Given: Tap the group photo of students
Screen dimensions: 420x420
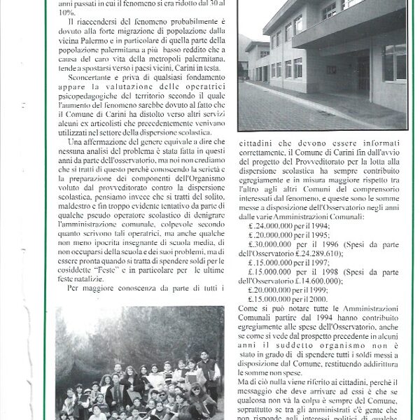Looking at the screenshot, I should pyautogui.click(x=140, y=364).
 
